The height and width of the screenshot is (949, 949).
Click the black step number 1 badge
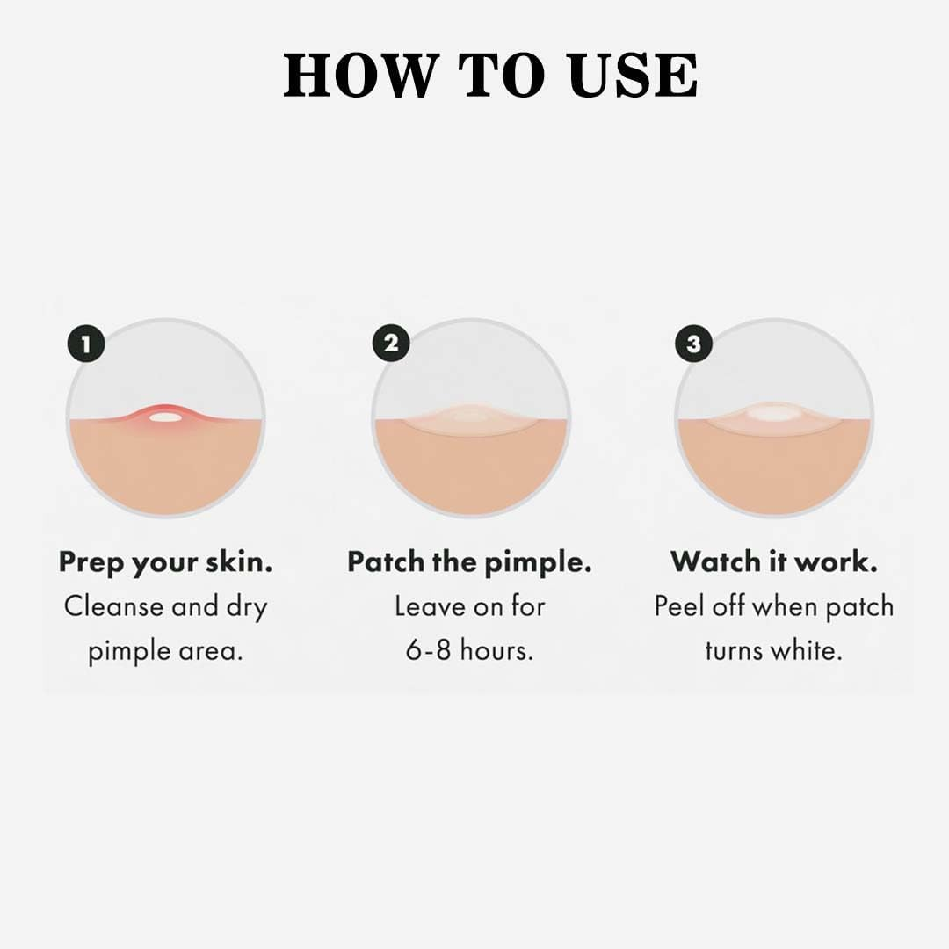click(85, 344)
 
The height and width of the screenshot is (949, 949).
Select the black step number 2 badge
click(390, 344)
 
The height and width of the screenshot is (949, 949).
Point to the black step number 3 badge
click(693, 344)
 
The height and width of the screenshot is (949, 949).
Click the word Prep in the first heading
click(92, 563)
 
